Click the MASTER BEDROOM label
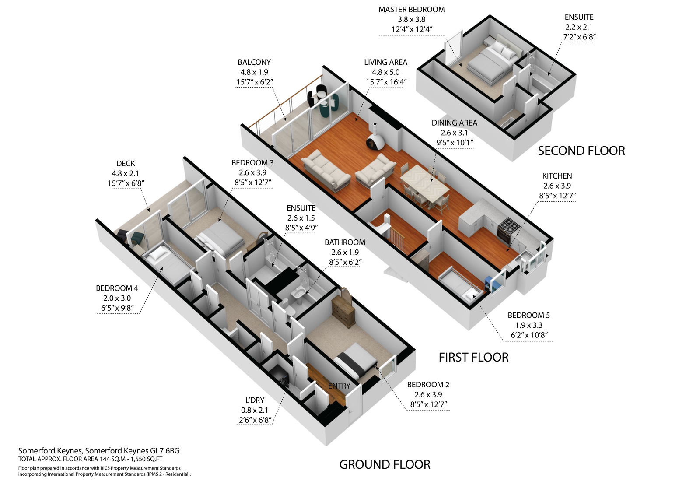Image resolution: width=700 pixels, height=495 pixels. pos(412,10)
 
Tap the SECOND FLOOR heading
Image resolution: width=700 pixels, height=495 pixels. pos(581,151)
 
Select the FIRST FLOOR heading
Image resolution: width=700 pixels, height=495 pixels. pos(473,358)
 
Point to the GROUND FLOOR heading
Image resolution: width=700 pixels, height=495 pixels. pos(385,465)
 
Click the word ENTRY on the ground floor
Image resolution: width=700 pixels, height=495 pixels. pos(339,386)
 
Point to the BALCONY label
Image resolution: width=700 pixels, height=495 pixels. pos(254,62)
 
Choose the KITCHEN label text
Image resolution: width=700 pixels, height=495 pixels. pos(557,176)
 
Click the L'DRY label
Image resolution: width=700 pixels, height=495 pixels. pos(255,400)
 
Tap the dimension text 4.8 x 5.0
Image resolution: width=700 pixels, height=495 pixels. pos(385,72)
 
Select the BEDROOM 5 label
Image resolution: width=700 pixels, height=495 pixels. pos(529,315)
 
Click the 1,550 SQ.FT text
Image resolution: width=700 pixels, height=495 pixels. pos(147,459)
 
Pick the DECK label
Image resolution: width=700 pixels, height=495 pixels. pos(126,164)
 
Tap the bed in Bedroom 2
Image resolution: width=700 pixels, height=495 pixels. pos(355,363)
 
